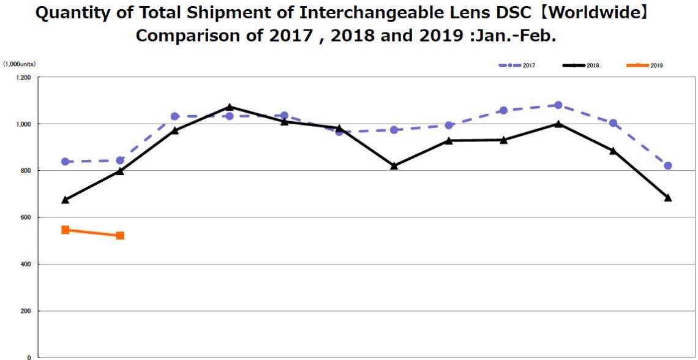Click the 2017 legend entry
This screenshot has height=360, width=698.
point(517,65)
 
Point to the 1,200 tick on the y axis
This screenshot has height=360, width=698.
point(23,78)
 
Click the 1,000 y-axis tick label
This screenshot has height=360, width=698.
point(23,124)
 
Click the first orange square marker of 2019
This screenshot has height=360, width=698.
point(66,230)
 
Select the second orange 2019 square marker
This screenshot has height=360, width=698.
point(120,236)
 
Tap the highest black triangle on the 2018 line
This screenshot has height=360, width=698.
point(230,107)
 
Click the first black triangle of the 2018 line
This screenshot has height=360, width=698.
point(66,200)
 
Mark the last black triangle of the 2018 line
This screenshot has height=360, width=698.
point(668,198)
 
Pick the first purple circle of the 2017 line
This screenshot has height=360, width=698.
point(66,162)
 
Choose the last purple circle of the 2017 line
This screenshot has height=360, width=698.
point(668,166)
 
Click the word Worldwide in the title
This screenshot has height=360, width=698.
point(594,13)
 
